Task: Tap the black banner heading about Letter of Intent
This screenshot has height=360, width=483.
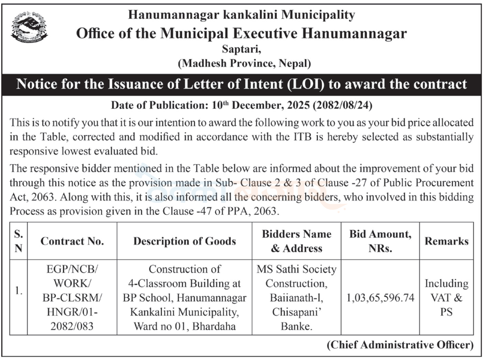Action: (241, 84)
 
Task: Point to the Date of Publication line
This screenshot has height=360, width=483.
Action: (241, 106)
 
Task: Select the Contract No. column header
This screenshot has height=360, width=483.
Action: (72, 241)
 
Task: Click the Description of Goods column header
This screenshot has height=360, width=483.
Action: (185, 241)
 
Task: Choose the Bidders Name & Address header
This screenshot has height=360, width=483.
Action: (296, 241)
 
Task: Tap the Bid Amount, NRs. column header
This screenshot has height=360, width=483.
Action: (380, 241)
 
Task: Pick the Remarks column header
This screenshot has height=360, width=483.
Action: (446, 241)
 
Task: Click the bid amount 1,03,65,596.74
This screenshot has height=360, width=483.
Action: (380, 298)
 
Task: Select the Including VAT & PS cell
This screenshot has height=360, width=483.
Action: (446, 298)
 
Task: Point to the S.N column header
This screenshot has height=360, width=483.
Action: (19, 241)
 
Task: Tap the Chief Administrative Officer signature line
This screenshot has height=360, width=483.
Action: (400, 345)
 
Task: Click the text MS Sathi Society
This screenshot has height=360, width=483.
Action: (296, 269)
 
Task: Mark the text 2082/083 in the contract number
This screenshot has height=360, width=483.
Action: (72, 327)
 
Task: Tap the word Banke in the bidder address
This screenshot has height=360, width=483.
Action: (296, 327)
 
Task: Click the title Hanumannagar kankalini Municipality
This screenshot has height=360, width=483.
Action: (241, 15)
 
